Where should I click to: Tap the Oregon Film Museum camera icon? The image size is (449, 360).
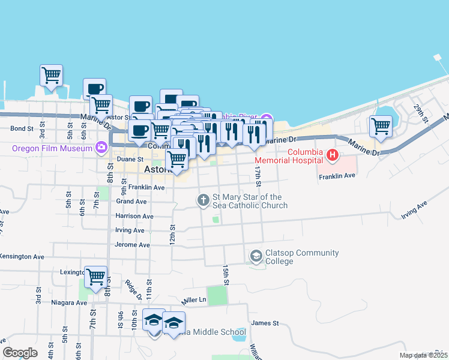[101, 148]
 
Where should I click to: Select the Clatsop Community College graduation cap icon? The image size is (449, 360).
[256, 257]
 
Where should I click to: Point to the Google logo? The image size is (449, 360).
[20, 353]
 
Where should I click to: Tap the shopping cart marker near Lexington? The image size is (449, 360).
[96, 277]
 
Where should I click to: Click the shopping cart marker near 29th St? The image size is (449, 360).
[381, 127]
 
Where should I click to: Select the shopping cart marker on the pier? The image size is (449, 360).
[52, 76]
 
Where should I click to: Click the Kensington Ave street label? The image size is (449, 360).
[22, 256]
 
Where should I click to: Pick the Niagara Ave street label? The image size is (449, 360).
[69, 302]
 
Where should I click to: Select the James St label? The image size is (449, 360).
[265, 323]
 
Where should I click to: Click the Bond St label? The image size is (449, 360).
[21, 128]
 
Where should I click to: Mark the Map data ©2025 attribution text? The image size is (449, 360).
[423, 355]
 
